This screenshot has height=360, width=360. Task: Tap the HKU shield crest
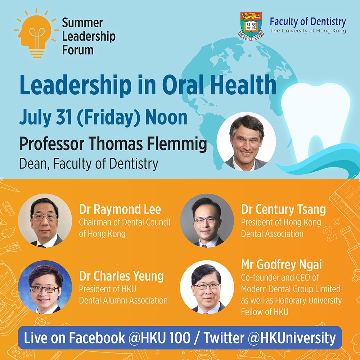point(251,26)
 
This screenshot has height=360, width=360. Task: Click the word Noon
point(166,118)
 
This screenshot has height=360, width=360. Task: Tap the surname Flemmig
point(177,144)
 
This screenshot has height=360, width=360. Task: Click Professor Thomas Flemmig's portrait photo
point(246,141)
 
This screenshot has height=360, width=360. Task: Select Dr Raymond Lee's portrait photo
point(45,220)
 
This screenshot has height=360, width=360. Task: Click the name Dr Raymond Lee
point(120,210)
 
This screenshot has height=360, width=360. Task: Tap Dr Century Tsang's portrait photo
point(207,220)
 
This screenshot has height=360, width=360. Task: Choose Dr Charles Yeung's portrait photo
point(45,287)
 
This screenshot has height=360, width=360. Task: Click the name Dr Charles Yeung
point(121,276)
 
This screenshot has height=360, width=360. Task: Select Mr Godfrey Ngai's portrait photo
point(207,287)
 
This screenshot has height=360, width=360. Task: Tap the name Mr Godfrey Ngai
point(282,265)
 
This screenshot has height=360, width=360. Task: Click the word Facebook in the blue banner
point(97,338)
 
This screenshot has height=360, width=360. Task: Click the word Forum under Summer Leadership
point(78,50)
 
